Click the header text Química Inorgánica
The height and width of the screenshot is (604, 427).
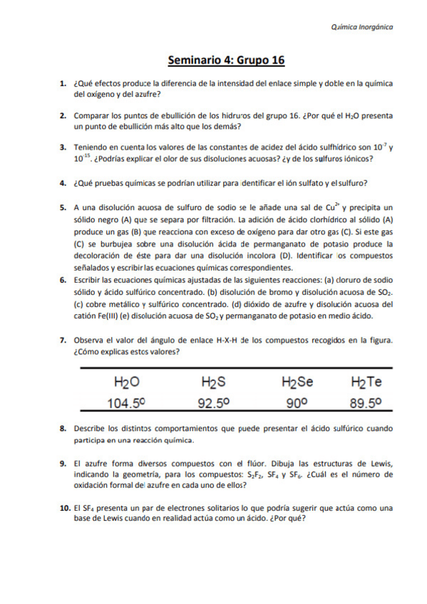point(362,27)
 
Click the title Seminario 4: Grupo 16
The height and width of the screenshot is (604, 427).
point(226,61)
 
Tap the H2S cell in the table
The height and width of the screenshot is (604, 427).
point(212,382)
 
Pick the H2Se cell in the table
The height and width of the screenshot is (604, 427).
point(297,382)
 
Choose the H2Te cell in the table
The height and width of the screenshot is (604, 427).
point(366,382)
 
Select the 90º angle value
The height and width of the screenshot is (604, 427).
point(295,403)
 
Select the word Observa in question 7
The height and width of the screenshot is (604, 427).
point(89,340)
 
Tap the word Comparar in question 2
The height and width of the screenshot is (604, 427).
point(92,115)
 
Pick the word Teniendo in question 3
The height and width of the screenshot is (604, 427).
point(91,147)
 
